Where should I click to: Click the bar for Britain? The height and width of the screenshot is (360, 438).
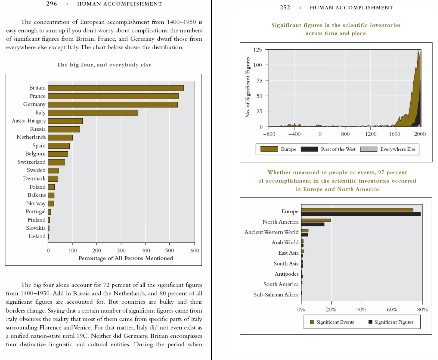tap(116, 88)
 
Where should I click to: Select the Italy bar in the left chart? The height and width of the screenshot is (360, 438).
tap(93, 113)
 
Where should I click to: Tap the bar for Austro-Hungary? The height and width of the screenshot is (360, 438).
tap(65, 121)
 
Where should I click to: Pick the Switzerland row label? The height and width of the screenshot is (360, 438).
tap(32, 162)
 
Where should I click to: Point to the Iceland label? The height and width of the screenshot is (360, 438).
tap(37, 236)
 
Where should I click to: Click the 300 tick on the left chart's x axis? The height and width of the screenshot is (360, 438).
tap(121, 250)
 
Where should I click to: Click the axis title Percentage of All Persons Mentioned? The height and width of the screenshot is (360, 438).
tap(126, 258)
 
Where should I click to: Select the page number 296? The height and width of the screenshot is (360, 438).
tap(51, 4)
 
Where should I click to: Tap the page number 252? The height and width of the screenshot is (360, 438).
tap(285, 8)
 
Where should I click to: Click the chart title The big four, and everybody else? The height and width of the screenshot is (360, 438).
tap(104, 65)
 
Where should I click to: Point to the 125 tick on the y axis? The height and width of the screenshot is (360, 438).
tap(257, 50)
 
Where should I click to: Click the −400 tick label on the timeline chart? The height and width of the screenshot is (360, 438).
tap(294, 134)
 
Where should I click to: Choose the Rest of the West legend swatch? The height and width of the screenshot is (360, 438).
tap(309, 149)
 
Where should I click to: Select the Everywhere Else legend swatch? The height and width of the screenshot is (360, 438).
tap(368, 149)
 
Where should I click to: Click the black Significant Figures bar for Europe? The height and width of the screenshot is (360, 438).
tap(361, 214)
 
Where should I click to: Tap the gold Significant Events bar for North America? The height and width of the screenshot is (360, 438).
tap(316, 220)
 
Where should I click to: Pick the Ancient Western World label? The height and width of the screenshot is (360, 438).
tap(271, 232)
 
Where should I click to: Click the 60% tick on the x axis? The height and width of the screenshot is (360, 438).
tap(392, 309)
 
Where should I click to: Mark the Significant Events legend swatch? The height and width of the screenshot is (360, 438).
tap(312, 322)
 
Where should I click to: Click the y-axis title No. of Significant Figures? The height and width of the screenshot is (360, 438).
tap(248, 87)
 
